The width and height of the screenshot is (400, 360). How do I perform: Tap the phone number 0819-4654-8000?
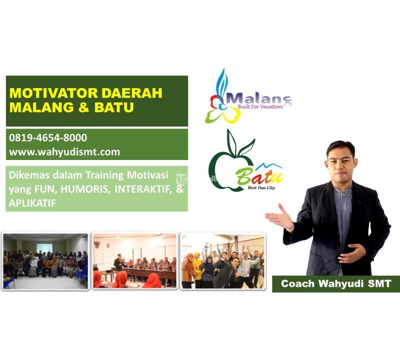[48, 137]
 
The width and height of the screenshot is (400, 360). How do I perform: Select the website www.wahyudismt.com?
[64, 152]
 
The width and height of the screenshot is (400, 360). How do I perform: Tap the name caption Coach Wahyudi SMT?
[335, 284]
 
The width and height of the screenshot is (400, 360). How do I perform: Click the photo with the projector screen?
[45, 260]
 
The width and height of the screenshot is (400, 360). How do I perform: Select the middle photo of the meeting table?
[134, 260]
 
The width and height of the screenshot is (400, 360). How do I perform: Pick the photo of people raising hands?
[222, 260]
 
